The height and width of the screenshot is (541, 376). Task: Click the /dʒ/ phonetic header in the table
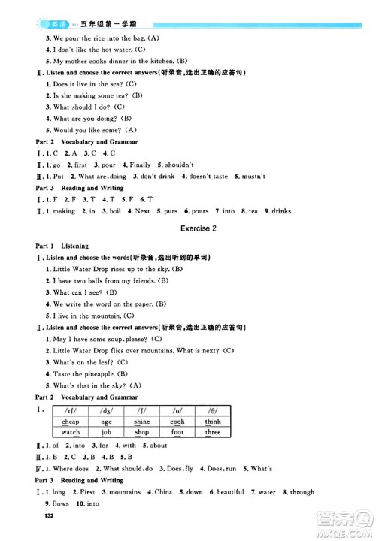106,410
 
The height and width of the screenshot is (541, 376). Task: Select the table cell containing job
106,432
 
